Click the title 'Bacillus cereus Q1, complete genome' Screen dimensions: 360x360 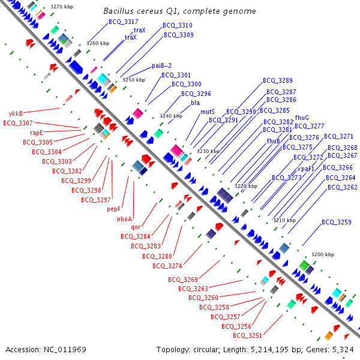[x=179, y=11]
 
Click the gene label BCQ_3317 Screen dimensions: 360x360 [x=124, y=22]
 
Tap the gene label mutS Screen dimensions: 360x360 [x=208, y=112]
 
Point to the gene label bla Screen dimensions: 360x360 [x=196, y=103]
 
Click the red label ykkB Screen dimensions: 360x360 [x=16, y=113]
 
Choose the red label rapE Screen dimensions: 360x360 [x=37, y=133]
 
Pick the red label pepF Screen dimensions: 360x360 [x=114, y=209]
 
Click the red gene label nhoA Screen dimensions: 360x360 [x=124, y=219]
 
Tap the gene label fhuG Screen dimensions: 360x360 [x=302, y=118]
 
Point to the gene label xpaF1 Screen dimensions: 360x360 [x=306, y=169]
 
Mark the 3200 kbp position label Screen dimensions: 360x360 [x=323, y=255]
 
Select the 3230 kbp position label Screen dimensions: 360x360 [x=208, y=152]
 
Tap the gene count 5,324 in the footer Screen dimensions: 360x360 [x=343, y=349]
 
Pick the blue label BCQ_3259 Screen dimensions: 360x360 [x=336, y=222]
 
